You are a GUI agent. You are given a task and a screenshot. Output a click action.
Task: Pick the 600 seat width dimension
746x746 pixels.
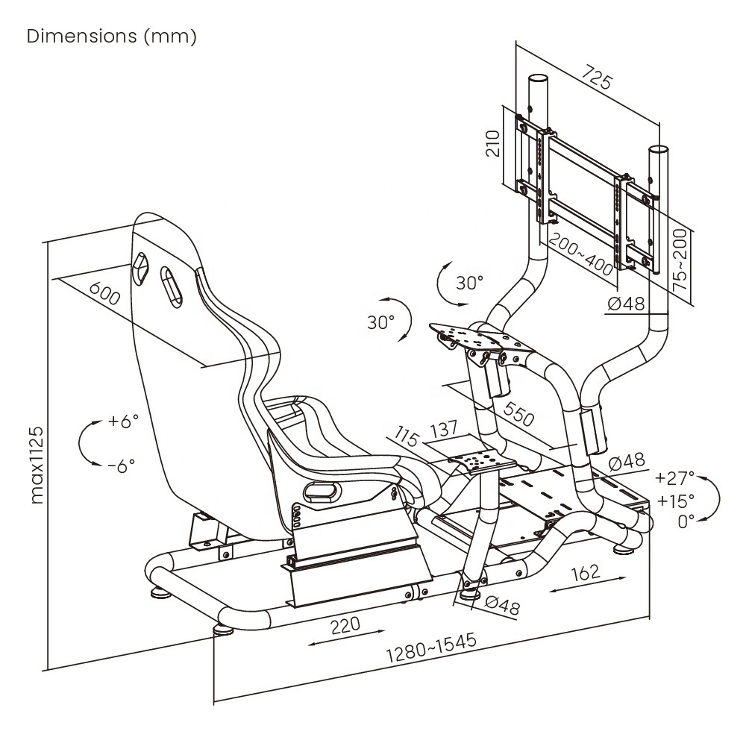click(x=104, y=294)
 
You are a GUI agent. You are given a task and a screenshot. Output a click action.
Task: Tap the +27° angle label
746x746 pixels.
click(x=674, y=477)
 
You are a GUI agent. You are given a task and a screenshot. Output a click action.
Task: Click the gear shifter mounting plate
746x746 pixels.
click(x=474, y=463)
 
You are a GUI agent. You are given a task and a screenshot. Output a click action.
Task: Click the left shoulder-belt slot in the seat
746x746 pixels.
click(x=140, y=266)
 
